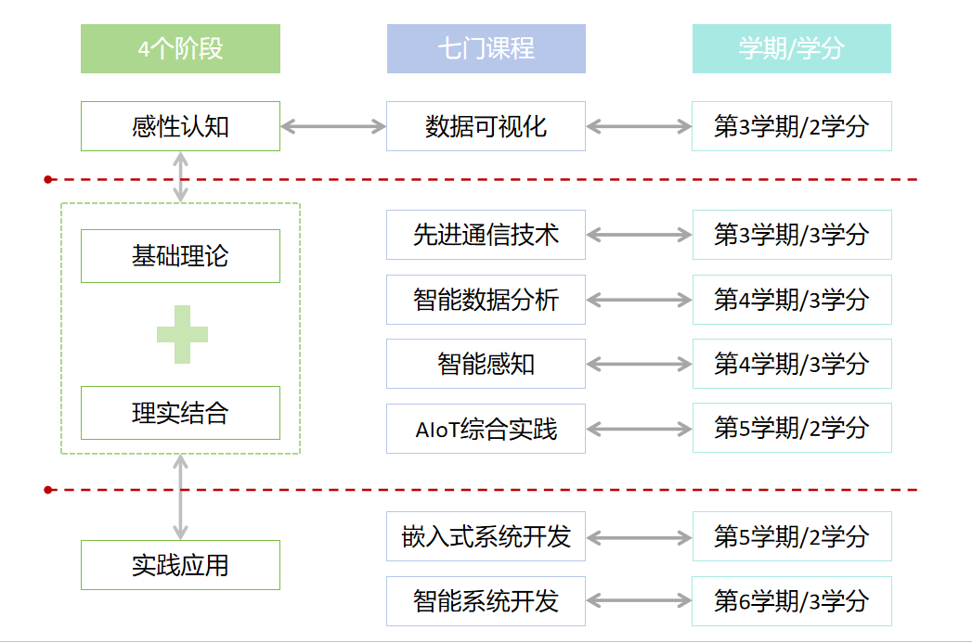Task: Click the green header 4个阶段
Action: [180, 48]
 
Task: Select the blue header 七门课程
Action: [486, 48]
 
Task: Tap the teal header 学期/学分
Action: [791, 48]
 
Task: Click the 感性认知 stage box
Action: [180, 126]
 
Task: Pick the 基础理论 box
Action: [180, 256]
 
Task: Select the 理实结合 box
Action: [180, 413]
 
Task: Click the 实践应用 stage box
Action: [180, 564]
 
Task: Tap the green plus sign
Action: [182, 334]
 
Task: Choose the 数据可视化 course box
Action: [486, 126]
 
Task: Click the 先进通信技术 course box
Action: [486, 235]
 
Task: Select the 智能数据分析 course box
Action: [486, 300]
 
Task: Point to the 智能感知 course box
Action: [486, 364]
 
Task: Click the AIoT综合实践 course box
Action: [486, 429]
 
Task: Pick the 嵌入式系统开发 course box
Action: [486, 536]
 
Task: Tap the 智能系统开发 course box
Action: [486, 601]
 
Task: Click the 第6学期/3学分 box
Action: [791, 601]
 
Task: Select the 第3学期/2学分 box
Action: [791, 126]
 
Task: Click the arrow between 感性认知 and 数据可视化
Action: [333, 126]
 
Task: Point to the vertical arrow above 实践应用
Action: [181, 497]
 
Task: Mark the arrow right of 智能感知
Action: [639, 365]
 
